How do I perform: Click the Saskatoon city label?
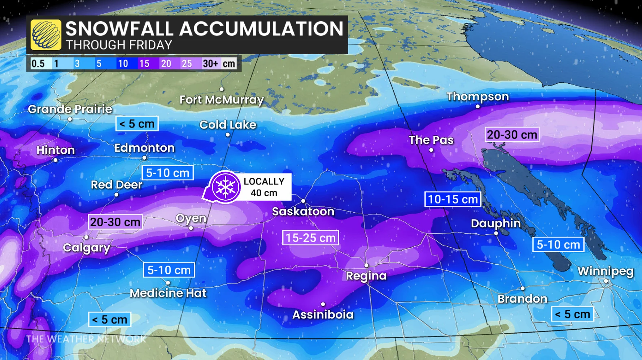(303, 211)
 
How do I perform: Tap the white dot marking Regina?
(366, 265)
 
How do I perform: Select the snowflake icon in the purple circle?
(226, 187)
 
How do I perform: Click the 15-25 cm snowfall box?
(310, 238)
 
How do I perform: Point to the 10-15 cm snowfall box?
(453, 199)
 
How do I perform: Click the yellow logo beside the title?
(46, 35)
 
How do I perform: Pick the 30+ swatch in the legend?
(210, 64)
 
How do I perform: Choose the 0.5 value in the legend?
(38, 64)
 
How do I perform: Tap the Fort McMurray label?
(222, 100)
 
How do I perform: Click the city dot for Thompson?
(477, 107)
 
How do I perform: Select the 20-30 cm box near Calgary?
(115, 222)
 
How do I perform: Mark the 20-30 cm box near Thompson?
(512, 135)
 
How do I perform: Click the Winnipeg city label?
(605, 271)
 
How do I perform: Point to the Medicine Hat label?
(168, 293)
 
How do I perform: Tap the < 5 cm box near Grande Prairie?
(137, 124)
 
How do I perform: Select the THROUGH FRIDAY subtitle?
(119, 45)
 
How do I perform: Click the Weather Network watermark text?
(86, 339)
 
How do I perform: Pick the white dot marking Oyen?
(191, 228)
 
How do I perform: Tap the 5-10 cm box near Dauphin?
(558, 245)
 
